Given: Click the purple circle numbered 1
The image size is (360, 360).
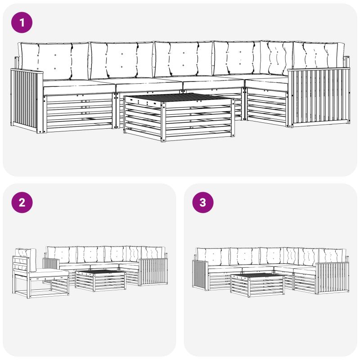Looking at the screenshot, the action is pyautogui.click(x=22, y=22).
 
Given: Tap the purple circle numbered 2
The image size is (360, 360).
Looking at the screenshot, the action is pyautogui.click(x=22, y=202).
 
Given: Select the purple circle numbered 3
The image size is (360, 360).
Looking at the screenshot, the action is pyautogui.click(x=203, y=202).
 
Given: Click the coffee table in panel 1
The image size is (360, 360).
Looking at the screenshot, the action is pyautogui.click(x=179, y=117).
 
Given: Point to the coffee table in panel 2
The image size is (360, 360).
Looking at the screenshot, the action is pyautogui.click(x=100, y=280).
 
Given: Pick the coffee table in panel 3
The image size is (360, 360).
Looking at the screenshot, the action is pyautogui.click(x=257, y=285).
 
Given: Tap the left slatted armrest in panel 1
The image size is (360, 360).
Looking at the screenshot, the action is pyautogui.click(x=27, y=100).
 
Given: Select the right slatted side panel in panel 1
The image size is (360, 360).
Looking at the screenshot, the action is pyautogui.click(x=319, y=97).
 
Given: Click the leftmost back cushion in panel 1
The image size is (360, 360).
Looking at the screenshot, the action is pyautogui.click(x=54, y=60).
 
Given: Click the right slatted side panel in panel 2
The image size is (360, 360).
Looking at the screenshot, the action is pyautogui.click(x=153, y=272).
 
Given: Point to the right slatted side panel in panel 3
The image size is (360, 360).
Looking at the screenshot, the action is pyautogui.click(x=333, y=278).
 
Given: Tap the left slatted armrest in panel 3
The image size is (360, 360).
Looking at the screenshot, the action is pyautogui.click(x=201, y=274).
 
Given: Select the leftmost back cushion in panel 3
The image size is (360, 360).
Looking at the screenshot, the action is pyautogui.click(x=213, y=256).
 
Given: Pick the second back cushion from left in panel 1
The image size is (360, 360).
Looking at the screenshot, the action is pyautogui.click(x=122, y=60).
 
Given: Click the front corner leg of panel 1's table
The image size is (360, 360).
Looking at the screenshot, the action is pyautogui.click(x=163, y=121).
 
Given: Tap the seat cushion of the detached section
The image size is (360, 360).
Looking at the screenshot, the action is pyautogui.click(x=50, y=273).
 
